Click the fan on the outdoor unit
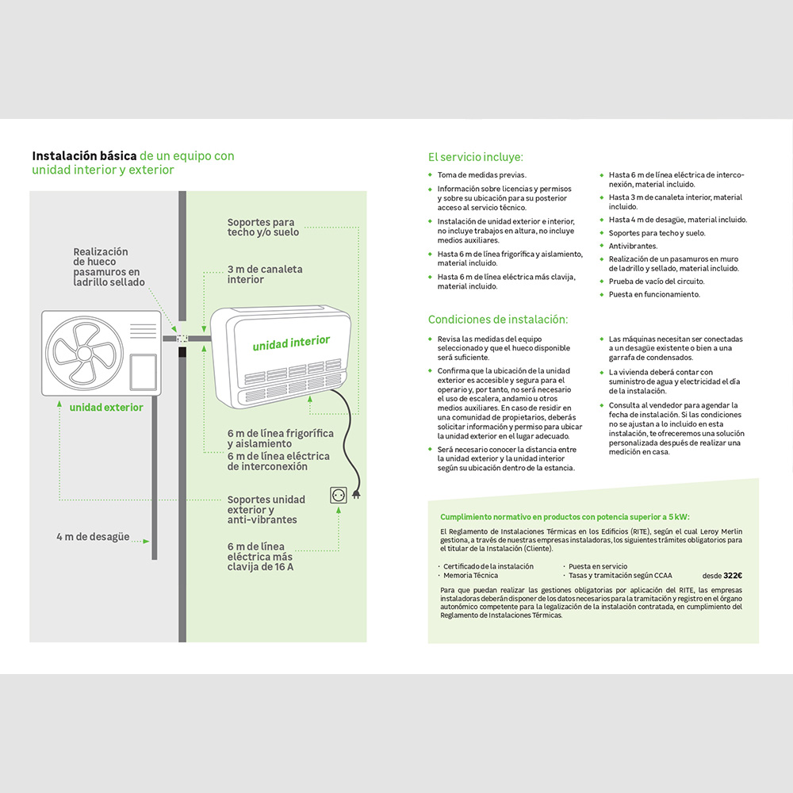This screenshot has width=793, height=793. (85, 353)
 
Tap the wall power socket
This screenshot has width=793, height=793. (339, 495)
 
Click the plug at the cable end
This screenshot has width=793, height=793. (357, 493)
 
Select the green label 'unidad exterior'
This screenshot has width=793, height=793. (106, 407)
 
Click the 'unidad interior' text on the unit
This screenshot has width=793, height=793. (291, 343)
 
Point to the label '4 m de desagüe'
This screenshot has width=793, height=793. (93, 537)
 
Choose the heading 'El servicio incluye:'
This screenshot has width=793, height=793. (475, 157)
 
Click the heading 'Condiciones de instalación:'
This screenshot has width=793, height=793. (498, 319)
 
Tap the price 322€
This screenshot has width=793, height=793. (733, 576)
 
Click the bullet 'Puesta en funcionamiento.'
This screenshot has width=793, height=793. (654, 294)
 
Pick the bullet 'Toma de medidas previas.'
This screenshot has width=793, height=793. (482, 175)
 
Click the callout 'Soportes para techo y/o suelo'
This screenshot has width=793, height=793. (263, 227)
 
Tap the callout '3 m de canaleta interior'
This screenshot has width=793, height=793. (265, 274)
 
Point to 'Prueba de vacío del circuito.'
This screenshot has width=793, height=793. (657, 282)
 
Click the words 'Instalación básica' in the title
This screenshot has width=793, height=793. (84, 155)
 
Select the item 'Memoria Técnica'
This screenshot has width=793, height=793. (470, 576)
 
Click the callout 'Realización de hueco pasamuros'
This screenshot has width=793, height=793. (109, 266)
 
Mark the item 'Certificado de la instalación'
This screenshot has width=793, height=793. (488, 566)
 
